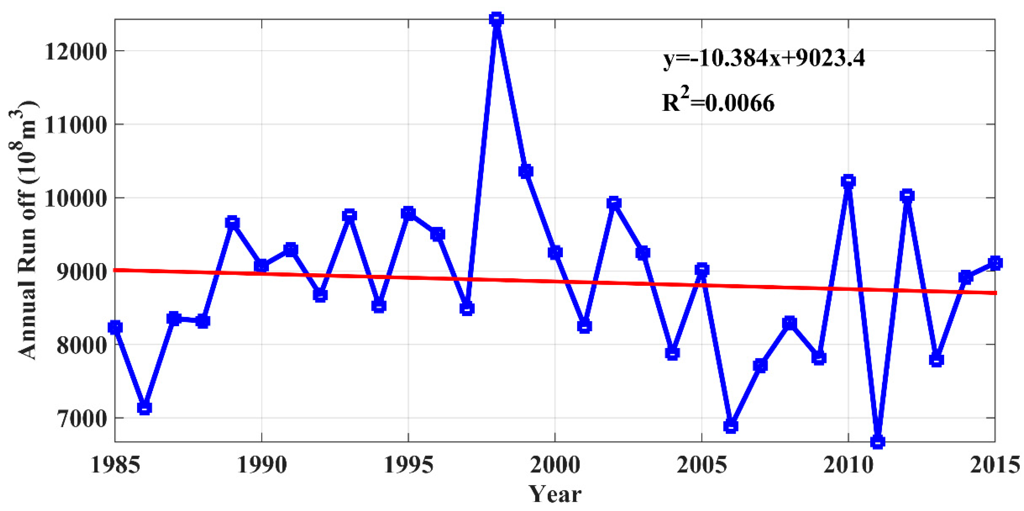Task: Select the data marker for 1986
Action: coord(144,408)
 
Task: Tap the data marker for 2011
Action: coord(878,441)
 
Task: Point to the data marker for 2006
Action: coord(731,426)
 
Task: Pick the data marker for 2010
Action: coord(848,181)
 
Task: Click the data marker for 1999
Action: coord(526,172)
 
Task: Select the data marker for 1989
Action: coord(233,222)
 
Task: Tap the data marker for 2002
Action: coord(614,203)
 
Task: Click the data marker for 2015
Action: coord(995,263)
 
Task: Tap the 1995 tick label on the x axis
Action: coord(408,465)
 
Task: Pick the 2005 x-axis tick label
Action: coord(702,465)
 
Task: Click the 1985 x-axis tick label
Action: coord(115,465)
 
